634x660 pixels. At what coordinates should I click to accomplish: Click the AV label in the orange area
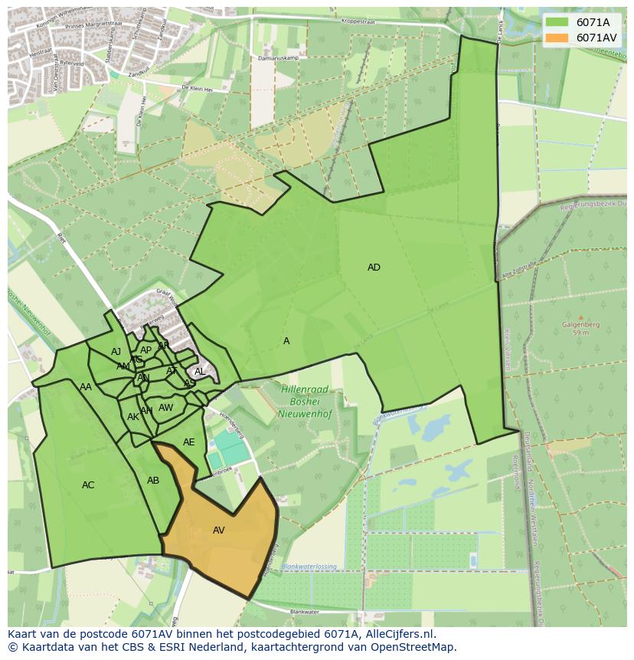pos(219,530)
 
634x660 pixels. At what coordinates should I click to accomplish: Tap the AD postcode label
pos(374,268)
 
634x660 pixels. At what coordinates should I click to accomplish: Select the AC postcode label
pos(88,485)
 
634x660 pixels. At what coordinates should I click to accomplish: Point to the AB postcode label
pos(153,481)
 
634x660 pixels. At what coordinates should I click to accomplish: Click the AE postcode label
pos(189,442)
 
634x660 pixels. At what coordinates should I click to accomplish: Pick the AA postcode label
pos(86,387)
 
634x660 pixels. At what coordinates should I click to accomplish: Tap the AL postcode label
pos(200,372)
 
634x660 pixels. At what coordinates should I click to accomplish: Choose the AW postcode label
pos(166,408)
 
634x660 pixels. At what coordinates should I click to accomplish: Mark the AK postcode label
pos(133,417)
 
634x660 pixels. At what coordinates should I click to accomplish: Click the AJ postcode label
pos(116,352)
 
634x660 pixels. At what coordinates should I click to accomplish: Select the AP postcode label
pos(145,350)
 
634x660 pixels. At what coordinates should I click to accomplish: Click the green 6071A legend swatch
pos(557,22)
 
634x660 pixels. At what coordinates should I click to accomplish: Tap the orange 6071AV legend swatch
pos(557,38)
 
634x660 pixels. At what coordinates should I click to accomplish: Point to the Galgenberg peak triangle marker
pos(580,317)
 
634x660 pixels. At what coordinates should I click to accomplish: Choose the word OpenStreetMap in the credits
pos(417,647)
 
